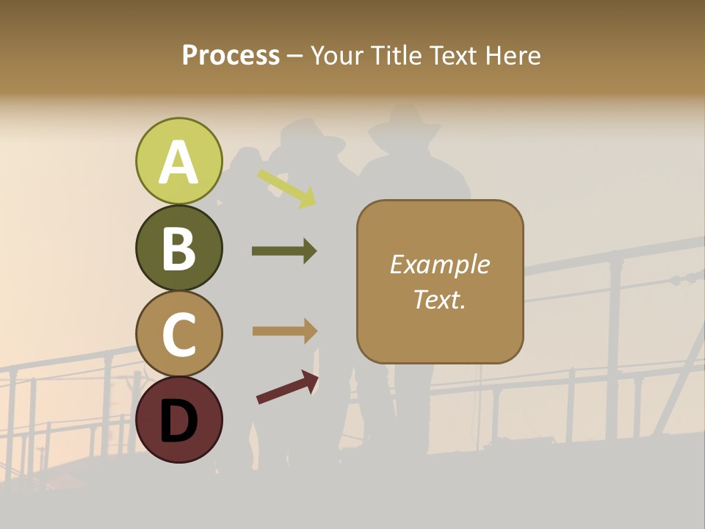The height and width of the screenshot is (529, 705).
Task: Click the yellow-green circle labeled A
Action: pyautogui.click(x=178, y=161)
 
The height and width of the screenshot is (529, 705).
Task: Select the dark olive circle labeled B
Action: pyautogui.click(x=178, y=248)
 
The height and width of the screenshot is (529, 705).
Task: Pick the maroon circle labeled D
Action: pyautogui.click(x=178, y=420)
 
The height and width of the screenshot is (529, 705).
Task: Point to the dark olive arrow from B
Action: pyautogui.click(x=284, y=251)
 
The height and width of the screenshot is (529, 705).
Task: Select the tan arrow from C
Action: pyautogui.click(x=284, y=331)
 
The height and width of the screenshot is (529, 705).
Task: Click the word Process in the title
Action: pyautogui.click(x=231, y=55)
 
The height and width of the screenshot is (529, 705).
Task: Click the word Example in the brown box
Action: pyautogui.click(x=440, y=264)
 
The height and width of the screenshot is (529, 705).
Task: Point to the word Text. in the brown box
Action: pyautogui.click(x=440, y=299)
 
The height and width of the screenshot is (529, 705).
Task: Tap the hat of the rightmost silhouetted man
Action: pyautogui.click(x=405, y=123)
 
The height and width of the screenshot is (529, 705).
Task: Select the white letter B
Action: pyautogui.click(x=178, y=248)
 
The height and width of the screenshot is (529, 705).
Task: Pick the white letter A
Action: pyautogui.click(x=178, y=162)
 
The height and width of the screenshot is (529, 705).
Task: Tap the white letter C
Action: pyautogui.click(x=178, y=334)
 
